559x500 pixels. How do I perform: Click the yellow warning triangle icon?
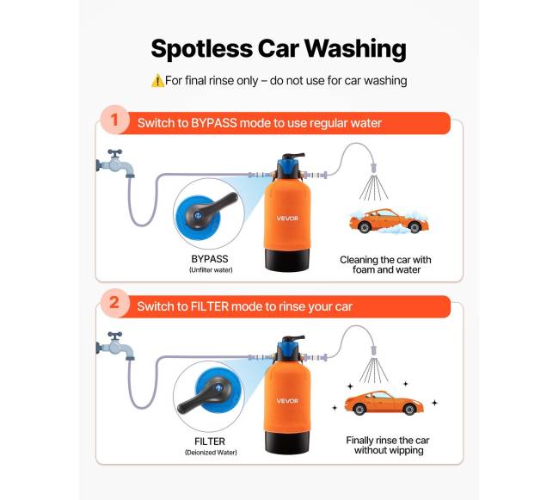click(x=157, y=81)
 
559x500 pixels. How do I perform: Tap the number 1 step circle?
click(x=114, y=120)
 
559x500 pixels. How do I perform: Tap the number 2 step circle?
click(x=114, y=303)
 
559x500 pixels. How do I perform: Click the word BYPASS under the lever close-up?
click(x=210, y=259)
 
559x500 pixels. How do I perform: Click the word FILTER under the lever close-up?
click(x=210, y=441)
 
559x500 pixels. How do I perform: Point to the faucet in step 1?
click(x=115, y=164)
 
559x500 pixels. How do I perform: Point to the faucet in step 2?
click(x=115, y=346)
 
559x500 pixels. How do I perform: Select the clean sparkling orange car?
click(x=384, y=403)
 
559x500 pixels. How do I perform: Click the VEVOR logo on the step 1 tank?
click(x=287, y=219)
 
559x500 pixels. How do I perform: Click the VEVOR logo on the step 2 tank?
click(x=287, y=401)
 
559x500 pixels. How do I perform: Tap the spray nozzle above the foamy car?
click(x=373, y=168)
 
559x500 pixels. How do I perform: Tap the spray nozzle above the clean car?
click(x=373, y=350)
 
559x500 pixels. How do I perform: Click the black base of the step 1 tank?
click(x=287, y=260)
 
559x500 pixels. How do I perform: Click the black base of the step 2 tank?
click(x=287, y=442)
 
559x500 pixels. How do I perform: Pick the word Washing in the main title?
click(x=355, y=49)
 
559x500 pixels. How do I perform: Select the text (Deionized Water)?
click(x=211, y=453)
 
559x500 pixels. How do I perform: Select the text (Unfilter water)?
click(x=211, y=270)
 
